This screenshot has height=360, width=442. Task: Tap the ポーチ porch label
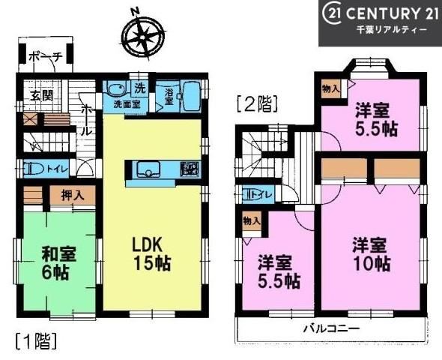45,58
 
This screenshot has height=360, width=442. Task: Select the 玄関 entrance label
42,96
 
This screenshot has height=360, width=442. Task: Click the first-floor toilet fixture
33,169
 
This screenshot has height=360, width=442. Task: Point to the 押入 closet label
73,195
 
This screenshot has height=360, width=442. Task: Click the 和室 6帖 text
58,262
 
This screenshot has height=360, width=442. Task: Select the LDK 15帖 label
151,253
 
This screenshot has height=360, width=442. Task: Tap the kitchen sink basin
148,169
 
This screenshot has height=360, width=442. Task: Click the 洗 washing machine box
140,88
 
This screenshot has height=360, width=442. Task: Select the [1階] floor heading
36,341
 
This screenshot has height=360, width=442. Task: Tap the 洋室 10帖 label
371,254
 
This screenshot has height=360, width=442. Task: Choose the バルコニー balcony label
331,328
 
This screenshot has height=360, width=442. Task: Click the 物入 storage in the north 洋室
331,89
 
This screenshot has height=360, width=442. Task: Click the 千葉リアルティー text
392,31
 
